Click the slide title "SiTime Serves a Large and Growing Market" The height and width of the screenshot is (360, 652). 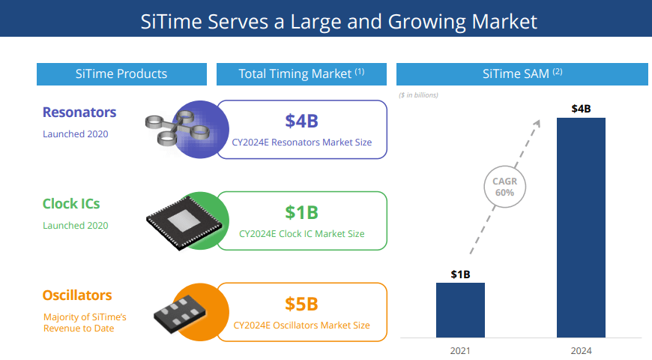pos(339,20)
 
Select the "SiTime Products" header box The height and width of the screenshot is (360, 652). pos(121,73)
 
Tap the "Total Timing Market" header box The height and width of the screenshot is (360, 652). pos(301,73)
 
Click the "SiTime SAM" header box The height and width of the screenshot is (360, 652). pos(522,73)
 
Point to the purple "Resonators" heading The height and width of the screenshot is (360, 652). pos(79,112)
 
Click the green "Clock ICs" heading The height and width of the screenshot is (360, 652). pos(71,203)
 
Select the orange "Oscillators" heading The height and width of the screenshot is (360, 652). pos(77,295)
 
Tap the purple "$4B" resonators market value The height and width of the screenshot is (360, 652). pos(301,121)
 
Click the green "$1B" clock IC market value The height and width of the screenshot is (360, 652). pos(301,212)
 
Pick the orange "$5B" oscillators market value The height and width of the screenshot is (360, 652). pos(301,304)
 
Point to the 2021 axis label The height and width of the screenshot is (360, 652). pos(460,349)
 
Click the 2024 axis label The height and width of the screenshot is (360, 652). pos(581,349)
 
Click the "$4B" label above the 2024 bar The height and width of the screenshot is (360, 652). pos(581,109)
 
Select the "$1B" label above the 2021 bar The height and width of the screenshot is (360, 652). pos(460,274)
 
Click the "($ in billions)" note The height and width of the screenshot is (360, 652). pos(418,95)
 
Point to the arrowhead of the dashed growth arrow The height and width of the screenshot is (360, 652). pos(541,120)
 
